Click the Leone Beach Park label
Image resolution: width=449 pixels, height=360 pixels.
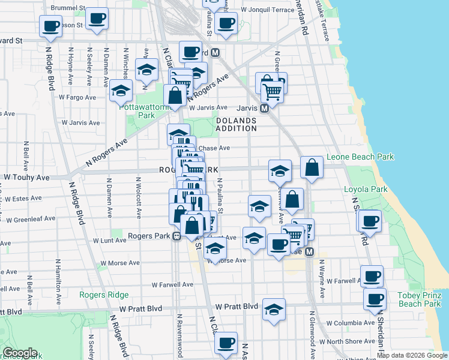point(360,157)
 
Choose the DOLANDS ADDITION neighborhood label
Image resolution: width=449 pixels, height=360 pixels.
point(236,124)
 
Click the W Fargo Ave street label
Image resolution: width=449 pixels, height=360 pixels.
point(77,97)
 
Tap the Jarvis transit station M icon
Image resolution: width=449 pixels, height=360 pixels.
point(263,109)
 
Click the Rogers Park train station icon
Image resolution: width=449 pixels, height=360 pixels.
point(177,236)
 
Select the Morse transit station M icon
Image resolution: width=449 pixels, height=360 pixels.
point(310,253)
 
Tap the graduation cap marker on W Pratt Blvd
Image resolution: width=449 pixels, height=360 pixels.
point(274,309)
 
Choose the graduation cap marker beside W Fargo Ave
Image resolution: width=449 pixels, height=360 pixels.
point(121,91)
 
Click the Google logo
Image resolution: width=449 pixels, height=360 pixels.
point(20,353)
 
